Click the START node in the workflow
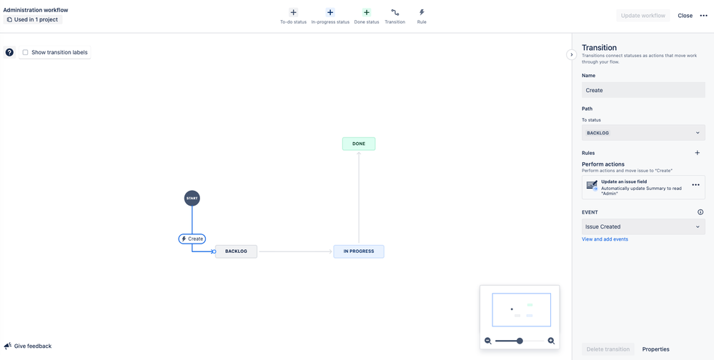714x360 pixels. (192, 199)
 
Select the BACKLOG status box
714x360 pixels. (236, 251)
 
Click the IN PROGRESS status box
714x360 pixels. (359, 251)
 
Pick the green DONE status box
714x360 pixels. (359, 144)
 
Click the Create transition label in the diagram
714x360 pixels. (192, 239)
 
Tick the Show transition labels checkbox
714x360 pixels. (26, 52)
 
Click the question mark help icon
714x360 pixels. (9, 52)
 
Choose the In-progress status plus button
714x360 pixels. (331, 13)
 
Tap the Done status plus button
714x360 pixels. (367, 13)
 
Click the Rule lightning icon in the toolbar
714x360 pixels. (422, 13)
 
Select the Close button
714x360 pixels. (685, 16)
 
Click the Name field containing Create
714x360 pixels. (643, 90)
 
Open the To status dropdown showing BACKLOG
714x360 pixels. (643, 133)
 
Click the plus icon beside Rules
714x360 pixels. (697, 153)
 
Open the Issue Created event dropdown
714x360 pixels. (643, 226)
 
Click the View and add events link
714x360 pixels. (605, 239)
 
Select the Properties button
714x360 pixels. (655, 349)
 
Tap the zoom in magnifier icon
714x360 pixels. (551, 341)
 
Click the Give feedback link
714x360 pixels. (28, 346)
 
